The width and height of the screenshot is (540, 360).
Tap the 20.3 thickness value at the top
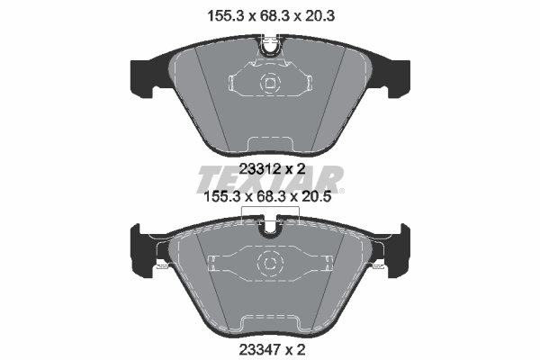[319, 16]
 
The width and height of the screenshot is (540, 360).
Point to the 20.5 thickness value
[316, 197]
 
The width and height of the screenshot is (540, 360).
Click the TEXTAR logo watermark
[270, 179]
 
